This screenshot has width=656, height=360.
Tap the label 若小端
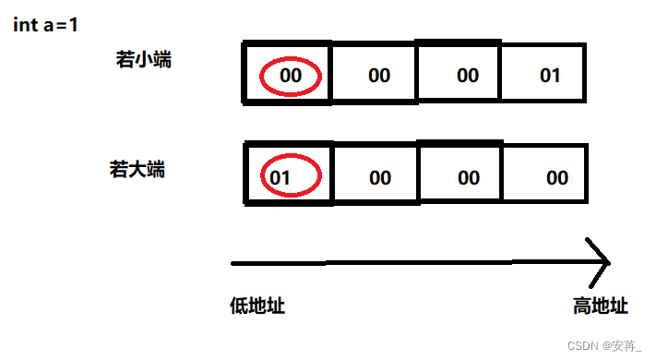point(143,60)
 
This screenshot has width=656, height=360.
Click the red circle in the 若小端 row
point(291,76)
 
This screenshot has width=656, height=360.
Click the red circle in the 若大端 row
point(291,176)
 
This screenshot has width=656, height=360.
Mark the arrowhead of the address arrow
point(600,262)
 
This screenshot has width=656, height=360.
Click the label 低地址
point(257,306)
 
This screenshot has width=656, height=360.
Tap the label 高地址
point(601,306)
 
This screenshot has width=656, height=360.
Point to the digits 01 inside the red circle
point(281,177)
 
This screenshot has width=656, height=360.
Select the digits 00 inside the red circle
point(291,76)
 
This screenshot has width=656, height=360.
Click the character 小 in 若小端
point(143,60)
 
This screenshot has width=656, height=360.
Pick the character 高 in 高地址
point(583,306)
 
